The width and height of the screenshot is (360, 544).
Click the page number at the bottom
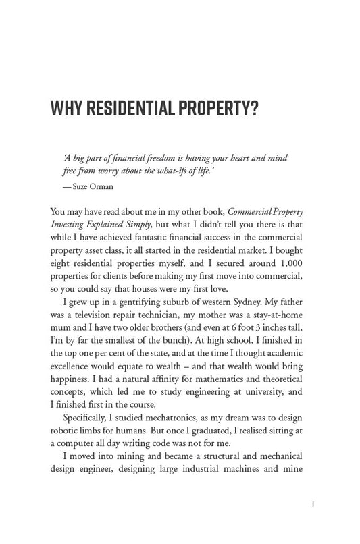tap(307, 503)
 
